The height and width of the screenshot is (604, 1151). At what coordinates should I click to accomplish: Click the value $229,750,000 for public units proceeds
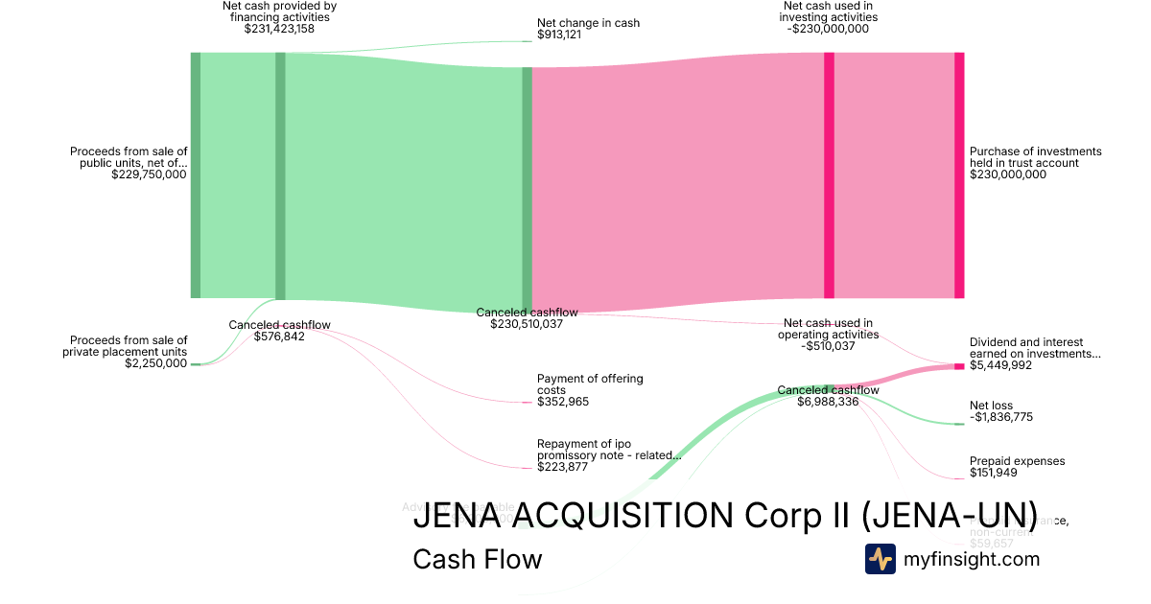click(149, 174)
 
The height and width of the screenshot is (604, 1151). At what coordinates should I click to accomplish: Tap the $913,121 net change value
click(559, 35)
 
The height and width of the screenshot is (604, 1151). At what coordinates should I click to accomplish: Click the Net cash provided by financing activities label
click(279, 12)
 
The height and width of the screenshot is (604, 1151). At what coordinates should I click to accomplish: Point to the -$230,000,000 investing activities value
click(829, 29)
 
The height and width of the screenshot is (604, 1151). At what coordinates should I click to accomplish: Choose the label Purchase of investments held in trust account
click(1035, 157)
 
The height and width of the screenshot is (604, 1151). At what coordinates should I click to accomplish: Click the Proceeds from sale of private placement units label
click(129, 346)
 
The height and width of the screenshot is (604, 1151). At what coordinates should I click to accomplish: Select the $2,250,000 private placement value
click(156, 363)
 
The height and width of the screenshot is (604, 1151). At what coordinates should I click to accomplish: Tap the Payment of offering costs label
click(590, 384)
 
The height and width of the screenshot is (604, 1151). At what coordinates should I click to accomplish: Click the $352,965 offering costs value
click(563, 402)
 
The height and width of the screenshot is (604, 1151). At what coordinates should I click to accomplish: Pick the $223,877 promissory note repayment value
click(563, 467)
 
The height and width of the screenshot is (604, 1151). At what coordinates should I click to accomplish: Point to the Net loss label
click(991, 406)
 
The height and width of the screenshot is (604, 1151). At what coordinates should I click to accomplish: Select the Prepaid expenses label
click(1017, 461)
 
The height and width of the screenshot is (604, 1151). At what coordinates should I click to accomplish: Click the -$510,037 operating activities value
click(828, 346)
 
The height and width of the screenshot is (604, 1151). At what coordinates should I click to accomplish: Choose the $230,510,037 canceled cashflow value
click(527, 324)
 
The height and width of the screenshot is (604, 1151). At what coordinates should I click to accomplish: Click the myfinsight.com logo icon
click(880, 558)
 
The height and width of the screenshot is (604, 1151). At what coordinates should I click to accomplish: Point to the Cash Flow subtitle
click(477, 559)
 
